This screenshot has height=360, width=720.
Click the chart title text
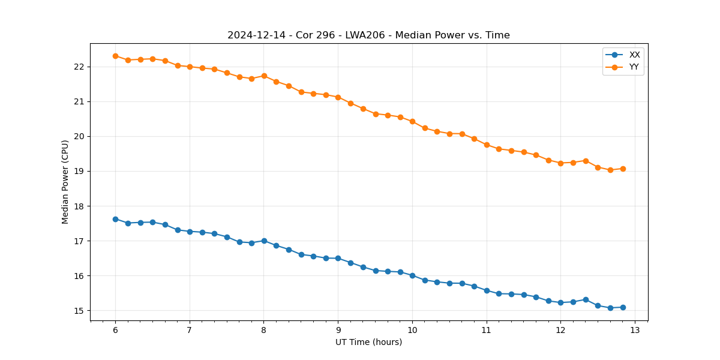tap(368, 35)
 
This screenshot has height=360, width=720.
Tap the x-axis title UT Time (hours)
tap(368, 342)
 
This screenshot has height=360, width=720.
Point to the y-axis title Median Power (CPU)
tap(65, 182)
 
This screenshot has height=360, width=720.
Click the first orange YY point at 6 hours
tap(115, 56)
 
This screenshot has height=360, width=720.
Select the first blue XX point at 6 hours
tap(115, 219)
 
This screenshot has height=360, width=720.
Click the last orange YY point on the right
tap(623, 169)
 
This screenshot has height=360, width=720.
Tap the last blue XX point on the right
tap(623, 307)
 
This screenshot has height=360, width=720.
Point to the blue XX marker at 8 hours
tap(264, 241)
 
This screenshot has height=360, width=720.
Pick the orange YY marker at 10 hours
tap(412, 121)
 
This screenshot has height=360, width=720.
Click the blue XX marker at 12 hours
tap(560, 302)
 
